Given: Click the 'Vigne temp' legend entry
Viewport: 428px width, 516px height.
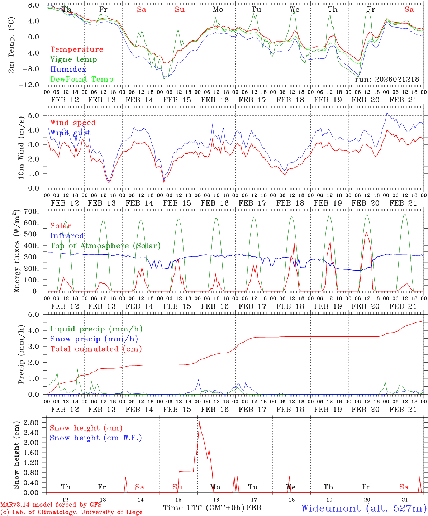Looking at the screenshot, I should [73, 59].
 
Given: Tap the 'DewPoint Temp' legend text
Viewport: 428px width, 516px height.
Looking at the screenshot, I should [82, 79].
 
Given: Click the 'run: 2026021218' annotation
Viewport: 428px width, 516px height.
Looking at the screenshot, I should [387, 79].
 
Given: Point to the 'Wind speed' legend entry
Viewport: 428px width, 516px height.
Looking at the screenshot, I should [73, 123].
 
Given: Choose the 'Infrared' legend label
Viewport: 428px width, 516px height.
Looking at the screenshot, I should [67, 236].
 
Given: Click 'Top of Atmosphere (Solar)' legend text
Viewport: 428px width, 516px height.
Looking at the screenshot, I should [105, 246].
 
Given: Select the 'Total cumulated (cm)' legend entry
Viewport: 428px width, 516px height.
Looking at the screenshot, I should [96, 349].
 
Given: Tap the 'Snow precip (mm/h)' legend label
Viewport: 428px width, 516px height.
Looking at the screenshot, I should [94, 339].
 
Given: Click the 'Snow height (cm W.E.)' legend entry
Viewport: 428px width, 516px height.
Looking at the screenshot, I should [96, 438].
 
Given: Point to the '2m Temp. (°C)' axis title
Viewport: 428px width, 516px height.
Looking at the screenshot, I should [11, 45].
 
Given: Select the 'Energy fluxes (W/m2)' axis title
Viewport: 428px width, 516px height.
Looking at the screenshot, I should [16, 252].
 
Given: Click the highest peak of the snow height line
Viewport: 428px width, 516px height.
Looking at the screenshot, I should [199, 422].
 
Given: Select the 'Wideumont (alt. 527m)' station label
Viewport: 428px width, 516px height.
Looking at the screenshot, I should [364, 508].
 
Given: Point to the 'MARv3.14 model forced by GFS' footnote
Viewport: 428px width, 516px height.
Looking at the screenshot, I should [51, 505].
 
